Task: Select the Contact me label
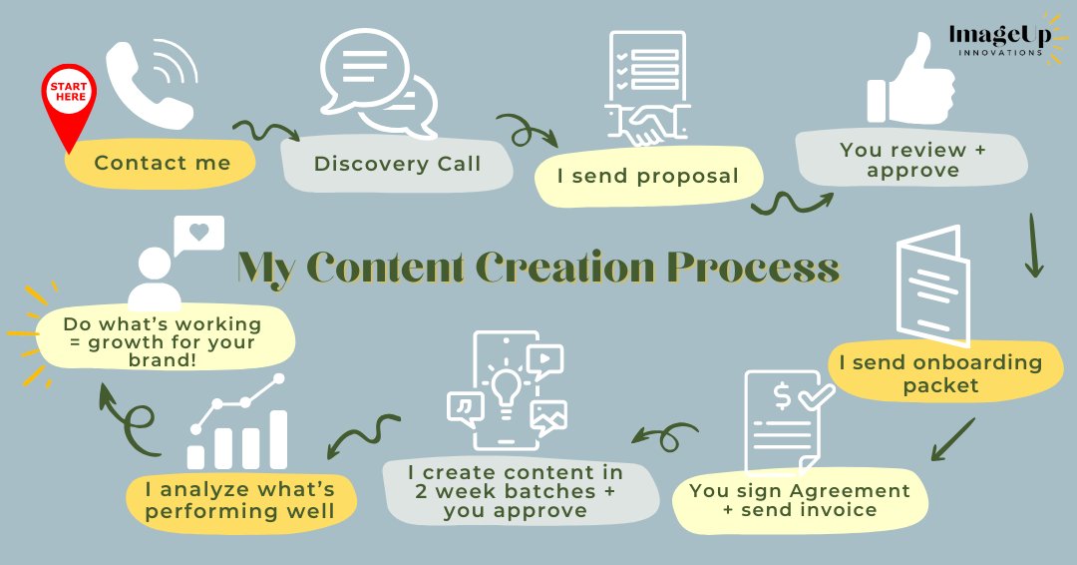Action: point(162,163)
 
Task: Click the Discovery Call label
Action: point(397,164)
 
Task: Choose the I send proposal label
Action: point(647,177)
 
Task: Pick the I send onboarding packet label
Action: point(939,371)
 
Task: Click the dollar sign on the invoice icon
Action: point(783,396)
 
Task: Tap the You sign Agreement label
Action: point(799,500)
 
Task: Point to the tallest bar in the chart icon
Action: point(277,439)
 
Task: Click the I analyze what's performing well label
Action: point(238,501)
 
